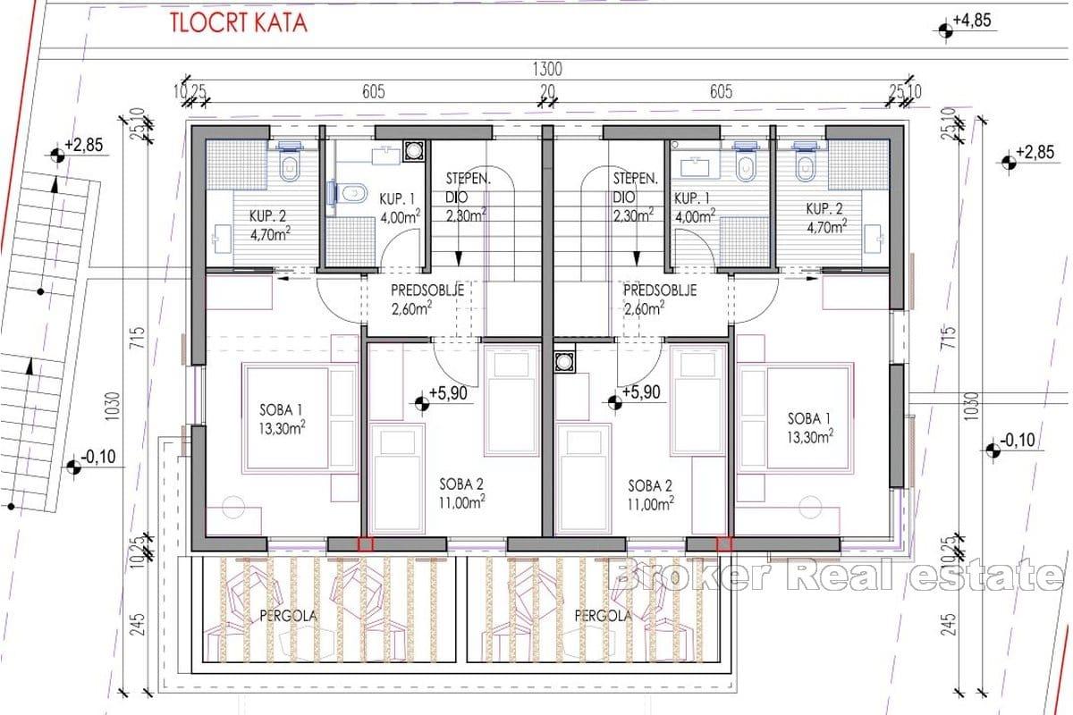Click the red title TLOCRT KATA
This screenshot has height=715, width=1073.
(x=239, y=23)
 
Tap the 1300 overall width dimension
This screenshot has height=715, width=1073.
(x=547, y=70)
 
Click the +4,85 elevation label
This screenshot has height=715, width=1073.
(x=971, y=21)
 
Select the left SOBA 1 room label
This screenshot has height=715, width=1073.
(x=282, y=419)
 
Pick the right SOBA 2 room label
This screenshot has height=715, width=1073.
(x=651, y=495)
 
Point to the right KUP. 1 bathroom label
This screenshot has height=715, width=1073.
(x=694, y=207)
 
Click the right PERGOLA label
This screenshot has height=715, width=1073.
(x=603, y=616)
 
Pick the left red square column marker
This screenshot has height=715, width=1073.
(x=366, y=544)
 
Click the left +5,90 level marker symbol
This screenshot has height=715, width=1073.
(x=422, y=404)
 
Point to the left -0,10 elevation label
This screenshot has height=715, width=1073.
(x=98, y=457)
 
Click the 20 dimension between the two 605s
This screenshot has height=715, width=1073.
(x=547, y=91)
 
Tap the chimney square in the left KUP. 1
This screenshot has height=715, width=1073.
(x=413, y=150)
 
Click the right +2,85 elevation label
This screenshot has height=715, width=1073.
(x=1035, y=152)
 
